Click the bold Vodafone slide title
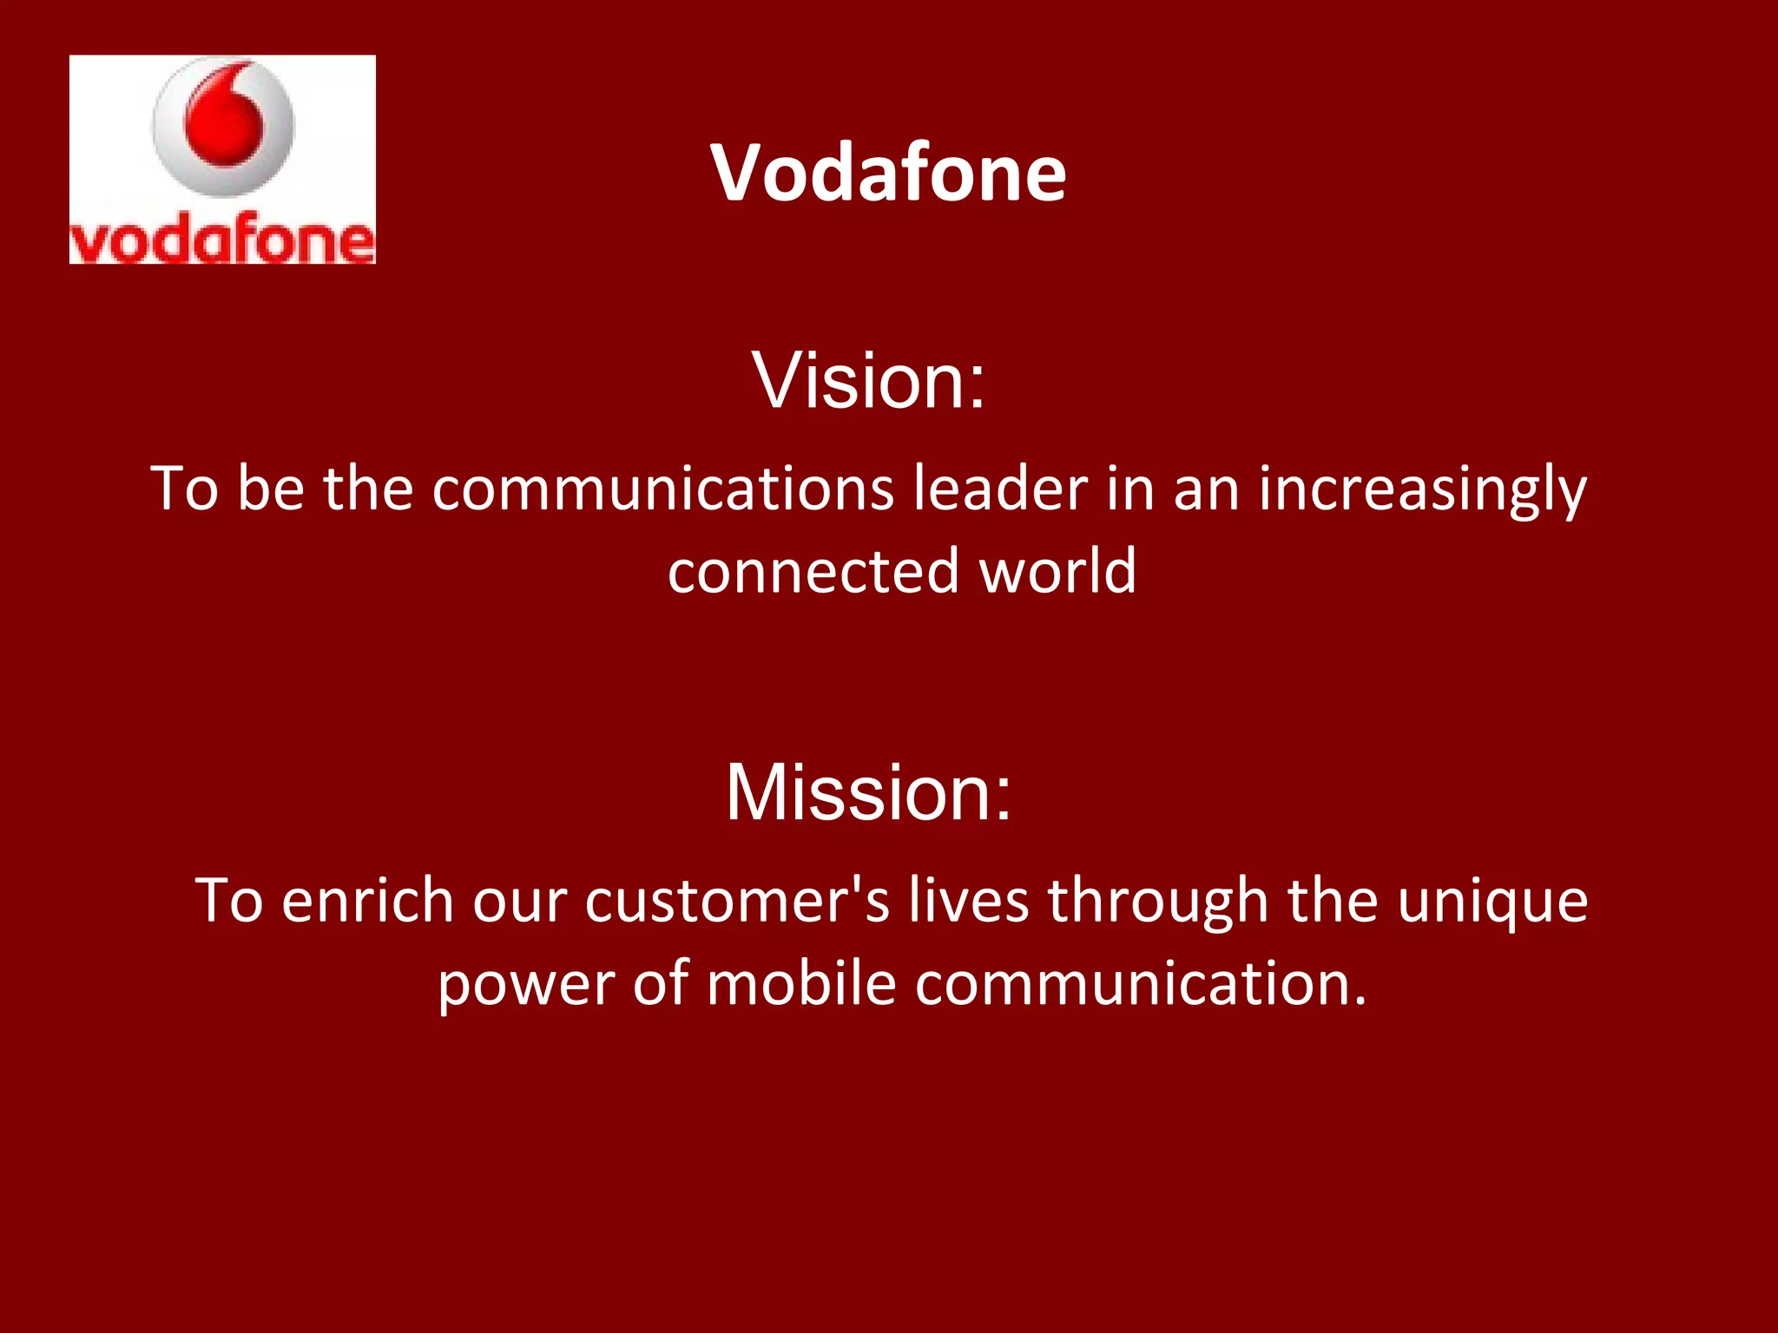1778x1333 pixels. (x=888, y=174)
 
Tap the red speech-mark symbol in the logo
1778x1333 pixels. (x=223, y=117)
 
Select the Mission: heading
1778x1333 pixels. (x=868, y=791)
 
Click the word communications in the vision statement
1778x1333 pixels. (x=662, y=489)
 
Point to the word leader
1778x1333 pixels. (x=1000, y=489)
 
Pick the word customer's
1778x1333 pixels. (x=737, y=900)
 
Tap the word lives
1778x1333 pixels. (x=968, y=900)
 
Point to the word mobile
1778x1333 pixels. (x=800, y=983)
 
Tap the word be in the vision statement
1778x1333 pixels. (x=271, y=489)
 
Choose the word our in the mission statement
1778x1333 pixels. (x=519, y=902)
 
